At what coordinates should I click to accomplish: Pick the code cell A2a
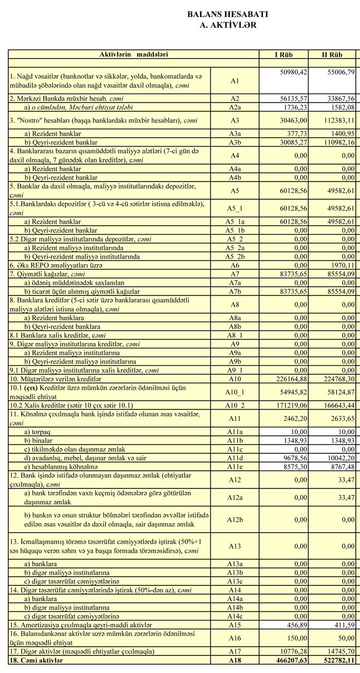[x=235, y=107]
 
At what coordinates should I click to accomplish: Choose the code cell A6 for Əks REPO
[x=235, y=265]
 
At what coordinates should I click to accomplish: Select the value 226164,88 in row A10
[x=290, y=379]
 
